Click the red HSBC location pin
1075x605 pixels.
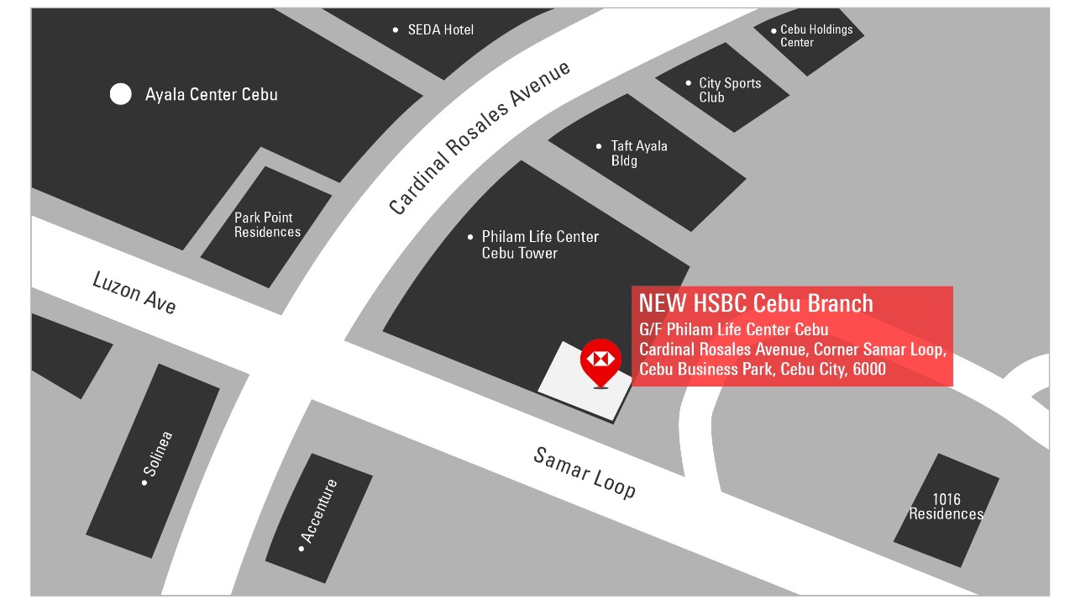(x=600, y=360)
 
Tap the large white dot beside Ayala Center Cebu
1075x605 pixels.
(x=121, y=94)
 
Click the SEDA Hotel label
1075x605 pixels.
(x=440, y=30)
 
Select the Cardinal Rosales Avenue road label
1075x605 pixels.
(x=480, y=139)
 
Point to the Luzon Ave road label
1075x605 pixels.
(x=134, y=292)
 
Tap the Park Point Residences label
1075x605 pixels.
(x=267, y=225)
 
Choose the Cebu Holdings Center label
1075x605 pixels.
(x=815, y=35)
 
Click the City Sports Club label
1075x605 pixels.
(x=729, y=90)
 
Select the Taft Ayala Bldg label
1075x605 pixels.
(x=638, y=153)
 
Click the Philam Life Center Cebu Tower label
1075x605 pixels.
(x=539, y=245)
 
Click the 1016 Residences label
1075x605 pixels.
(x=947, y=507)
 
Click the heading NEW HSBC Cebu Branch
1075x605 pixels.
(x=756, y=303)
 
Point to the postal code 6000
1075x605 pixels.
(x=868, y=369)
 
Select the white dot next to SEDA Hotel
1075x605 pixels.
(x=396, y=30)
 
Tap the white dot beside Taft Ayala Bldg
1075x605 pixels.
(x=599, y=146)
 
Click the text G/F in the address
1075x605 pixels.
(x=650, y=329)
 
